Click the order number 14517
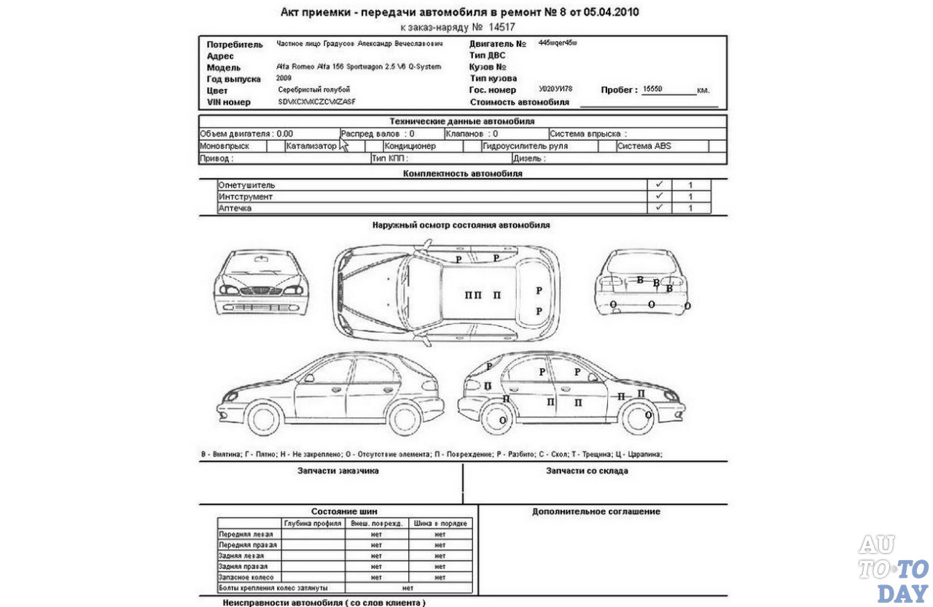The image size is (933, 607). coord(501,26)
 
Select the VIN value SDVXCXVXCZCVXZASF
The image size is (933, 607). coord(316,101)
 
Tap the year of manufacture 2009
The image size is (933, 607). coord(284,77)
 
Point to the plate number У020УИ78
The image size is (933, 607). coord(555,89)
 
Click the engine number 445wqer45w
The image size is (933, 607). coord(558,44)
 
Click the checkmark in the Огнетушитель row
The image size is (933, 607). coord(659,185)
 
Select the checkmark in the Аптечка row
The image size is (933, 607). coord(659,208)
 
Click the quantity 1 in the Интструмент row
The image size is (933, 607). coord(690,197)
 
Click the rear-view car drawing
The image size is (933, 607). coord(641,282)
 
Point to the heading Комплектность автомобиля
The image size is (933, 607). coord(462,174)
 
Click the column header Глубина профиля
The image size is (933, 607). coord(313,523)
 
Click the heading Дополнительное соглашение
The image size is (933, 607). coord(596,511)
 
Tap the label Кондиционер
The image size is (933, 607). coord(410,146)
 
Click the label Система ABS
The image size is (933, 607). coord(644,146)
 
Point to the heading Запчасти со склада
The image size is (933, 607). coord(587,471)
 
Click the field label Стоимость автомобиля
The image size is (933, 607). coord(520,102)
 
